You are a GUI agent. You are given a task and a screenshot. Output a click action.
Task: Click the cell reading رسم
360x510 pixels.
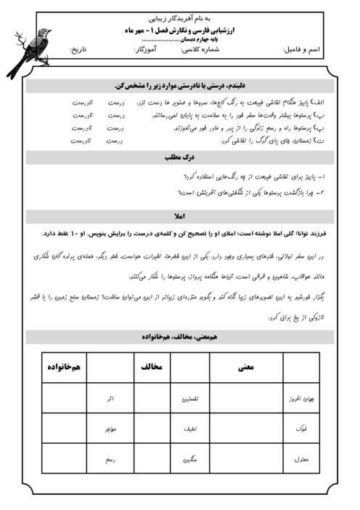(110, 461)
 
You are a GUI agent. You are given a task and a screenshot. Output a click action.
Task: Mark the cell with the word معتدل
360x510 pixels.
(301, 461)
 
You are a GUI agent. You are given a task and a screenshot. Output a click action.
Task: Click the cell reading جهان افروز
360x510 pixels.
(301, 400)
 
